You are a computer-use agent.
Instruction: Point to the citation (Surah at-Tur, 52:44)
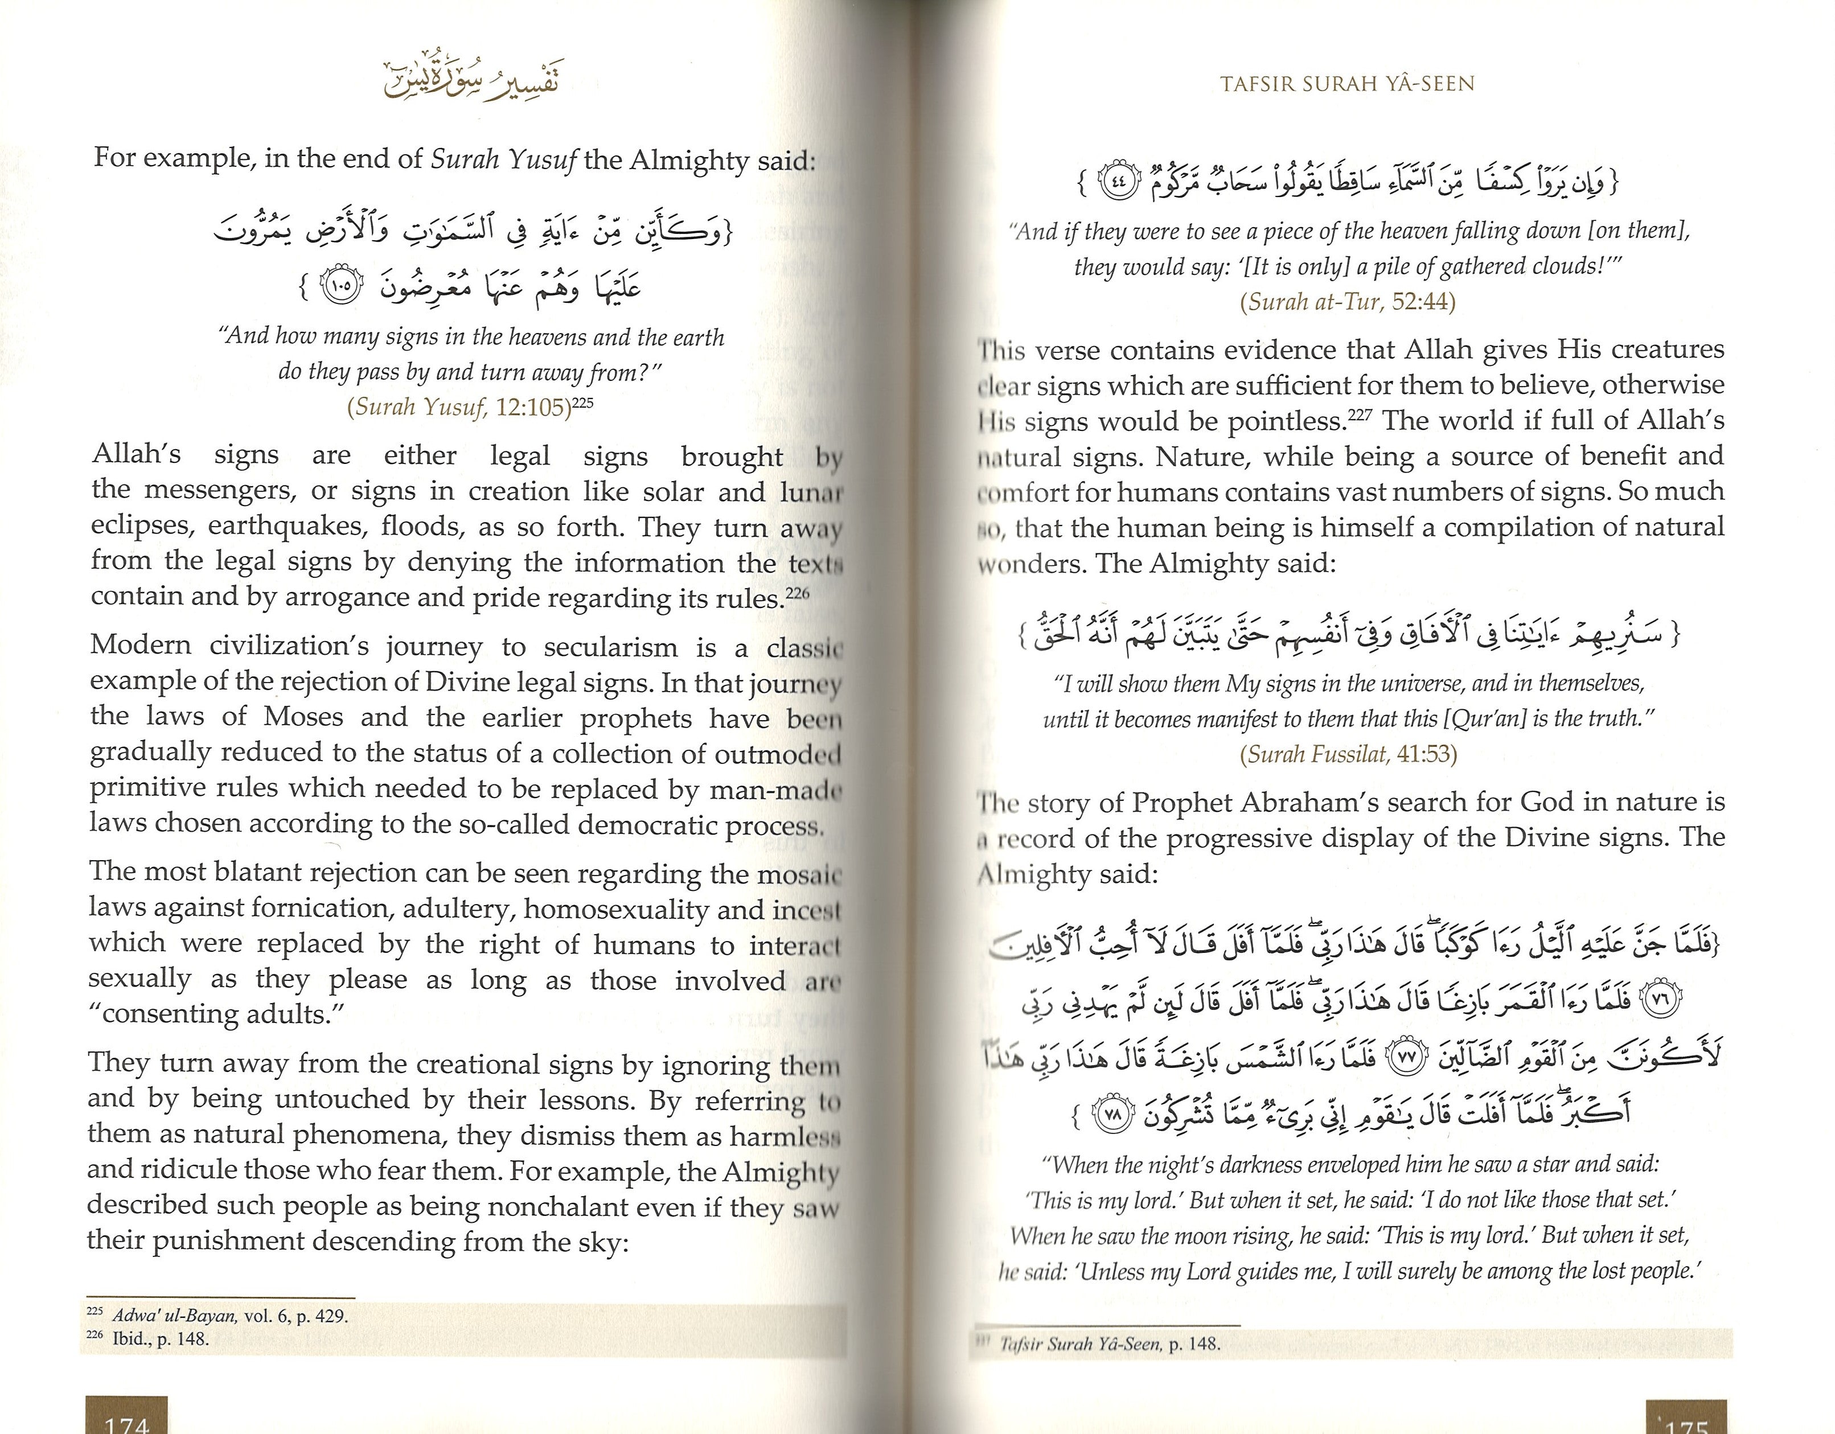coord(1348,302)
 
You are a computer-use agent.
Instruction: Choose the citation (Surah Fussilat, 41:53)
coord(1348,754)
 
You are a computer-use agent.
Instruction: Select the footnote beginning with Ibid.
coord(159,1339)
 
